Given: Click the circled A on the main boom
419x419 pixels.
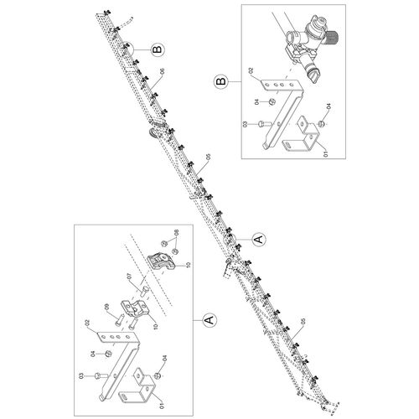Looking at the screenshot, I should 259,239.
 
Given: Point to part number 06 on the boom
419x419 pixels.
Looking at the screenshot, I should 161,71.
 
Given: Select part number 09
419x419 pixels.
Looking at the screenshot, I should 107,307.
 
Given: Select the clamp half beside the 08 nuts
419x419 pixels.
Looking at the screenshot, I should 163,262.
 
